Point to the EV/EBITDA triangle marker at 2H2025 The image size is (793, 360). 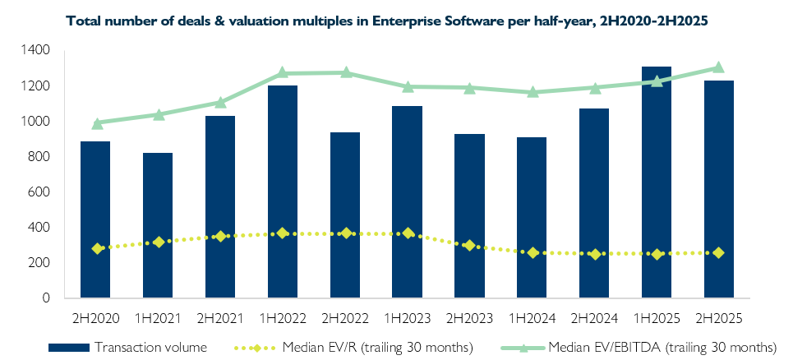point(718,67)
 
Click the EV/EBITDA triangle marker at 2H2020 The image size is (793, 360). point(97,123)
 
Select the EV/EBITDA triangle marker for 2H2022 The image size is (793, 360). point(345,72)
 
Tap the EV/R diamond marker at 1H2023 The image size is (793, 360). point(408,233)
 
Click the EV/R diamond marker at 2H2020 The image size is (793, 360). point(97,248)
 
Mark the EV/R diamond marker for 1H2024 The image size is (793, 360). point(532,252)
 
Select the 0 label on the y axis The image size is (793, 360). point(45,298)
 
